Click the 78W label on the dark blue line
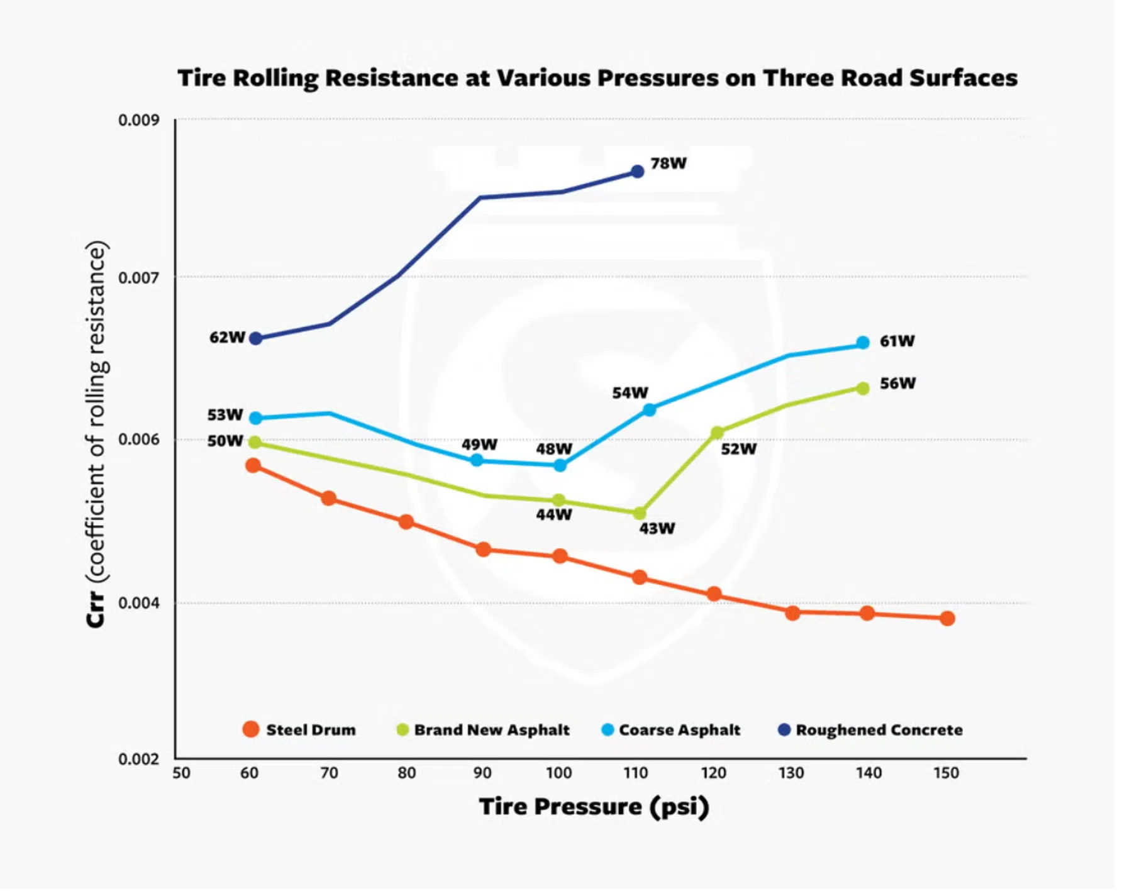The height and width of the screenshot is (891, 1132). click(x=668, y=163)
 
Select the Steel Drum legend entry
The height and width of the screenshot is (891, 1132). click(x=299, y=729)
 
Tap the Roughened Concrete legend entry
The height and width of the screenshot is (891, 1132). click(x=870, y=729)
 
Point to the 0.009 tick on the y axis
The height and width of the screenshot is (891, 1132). click(x=138, y=120)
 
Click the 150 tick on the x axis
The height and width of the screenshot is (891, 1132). click(x=946, y=773)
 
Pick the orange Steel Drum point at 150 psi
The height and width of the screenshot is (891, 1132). click(x=947, y=619)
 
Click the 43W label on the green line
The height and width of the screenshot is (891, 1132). click(x=657, y=528)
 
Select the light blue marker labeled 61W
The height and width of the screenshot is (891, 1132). click(x=863, y=343)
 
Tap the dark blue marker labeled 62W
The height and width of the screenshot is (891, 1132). click(x=255, y=338)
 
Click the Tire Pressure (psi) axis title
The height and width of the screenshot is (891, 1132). click(x=594, y=806)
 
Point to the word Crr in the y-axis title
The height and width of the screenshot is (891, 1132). click(x=96, y=609)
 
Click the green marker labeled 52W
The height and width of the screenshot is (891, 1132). click(x=717, y=433)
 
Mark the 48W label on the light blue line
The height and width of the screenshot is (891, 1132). click(x=553, y=449)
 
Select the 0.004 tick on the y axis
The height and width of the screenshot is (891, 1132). click(x=138, y=603)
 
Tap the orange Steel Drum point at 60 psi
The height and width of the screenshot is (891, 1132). click(x=253, y=465)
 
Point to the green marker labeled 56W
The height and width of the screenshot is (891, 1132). click(x=863, y=389)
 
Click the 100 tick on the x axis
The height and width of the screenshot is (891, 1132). click(x=558, y=773)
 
